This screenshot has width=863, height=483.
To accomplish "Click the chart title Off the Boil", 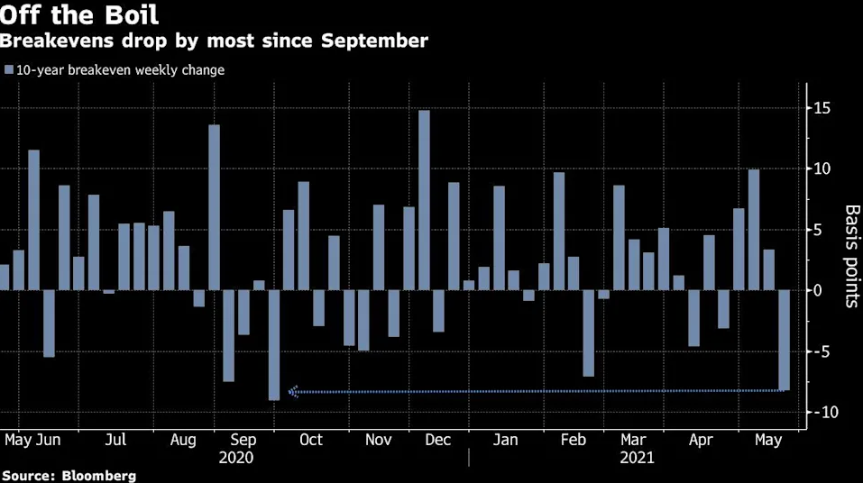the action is click(79, 14).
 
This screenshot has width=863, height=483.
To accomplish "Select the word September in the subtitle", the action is click(374, 41).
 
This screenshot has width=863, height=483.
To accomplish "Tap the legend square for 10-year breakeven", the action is click(9, 70).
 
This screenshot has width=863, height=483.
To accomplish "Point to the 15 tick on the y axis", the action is click(822, 108).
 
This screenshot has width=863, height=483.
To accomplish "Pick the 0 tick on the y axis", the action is click(817, 290).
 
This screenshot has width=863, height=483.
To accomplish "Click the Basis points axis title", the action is click(851, 256).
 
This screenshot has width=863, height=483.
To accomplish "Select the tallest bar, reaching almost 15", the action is click(424, 200).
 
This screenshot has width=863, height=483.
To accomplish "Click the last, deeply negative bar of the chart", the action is click(784, 340).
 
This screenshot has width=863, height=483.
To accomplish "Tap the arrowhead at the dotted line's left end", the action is click(293, 392).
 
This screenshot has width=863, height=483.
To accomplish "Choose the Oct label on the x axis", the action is click(311, 440).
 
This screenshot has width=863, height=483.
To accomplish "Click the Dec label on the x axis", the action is click(438, 440).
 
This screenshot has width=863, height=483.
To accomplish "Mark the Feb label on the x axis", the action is click(574, 440).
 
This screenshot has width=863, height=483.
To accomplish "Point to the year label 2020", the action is click(236, 458).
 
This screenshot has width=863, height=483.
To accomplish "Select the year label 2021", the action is click(637, 458).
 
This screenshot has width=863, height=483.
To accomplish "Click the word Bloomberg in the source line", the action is click(98, 476).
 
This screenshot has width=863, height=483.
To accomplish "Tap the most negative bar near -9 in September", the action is click(274, 345).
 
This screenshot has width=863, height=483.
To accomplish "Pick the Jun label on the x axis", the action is click(49, 440).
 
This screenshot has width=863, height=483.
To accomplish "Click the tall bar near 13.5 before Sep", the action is click(214, 207).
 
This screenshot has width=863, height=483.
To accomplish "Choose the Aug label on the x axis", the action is click(183, 441).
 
